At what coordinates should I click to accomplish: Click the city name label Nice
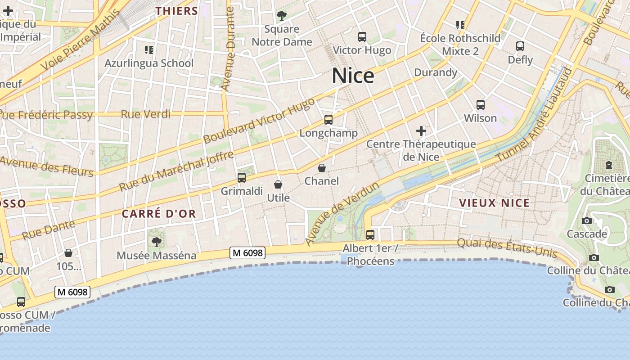pos(353,76)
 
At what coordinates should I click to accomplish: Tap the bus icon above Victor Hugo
pos(362,37)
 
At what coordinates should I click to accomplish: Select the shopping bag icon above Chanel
pos(322,168)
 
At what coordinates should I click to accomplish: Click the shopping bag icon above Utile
pos(278,184)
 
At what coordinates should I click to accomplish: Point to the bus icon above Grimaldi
pos(242,178)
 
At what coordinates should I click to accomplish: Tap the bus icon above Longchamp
pos(328,120)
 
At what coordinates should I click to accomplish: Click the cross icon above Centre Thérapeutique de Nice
pos(421,131)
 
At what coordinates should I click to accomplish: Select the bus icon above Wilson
pos(481,105)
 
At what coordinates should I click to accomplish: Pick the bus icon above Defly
pos(520,46)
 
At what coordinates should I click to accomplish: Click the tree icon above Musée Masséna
pos(157,242)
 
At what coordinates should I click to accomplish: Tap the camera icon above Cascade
pos(587,220)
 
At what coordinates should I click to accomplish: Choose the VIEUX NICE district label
pos(495,203)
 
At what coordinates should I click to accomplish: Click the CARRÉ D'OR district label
pos(159,214)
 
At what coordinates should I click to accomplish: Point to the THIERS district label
pos(177,11)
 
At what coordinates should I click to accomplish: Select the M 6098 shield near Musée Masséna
pos(247,253)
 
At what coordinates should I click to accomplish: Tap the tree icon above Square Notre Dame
pos(282,16)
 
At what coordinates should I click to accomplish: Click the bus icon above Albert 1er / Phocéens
pos(370,234)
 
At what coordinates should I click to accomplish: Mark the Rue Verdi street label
pos(145,114)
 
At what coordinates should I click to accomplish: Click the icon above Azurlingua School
pos(149,49)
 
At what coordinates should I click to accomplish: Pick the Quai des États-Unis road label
pos(507,248)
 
